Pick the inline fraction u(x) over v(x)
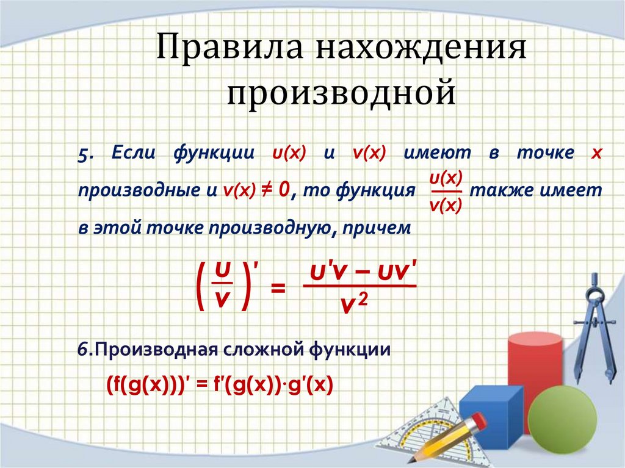[x=446, y=191]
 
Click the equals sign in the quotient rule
[x=278, y=287]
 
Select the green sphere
[x=562, y=421]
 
